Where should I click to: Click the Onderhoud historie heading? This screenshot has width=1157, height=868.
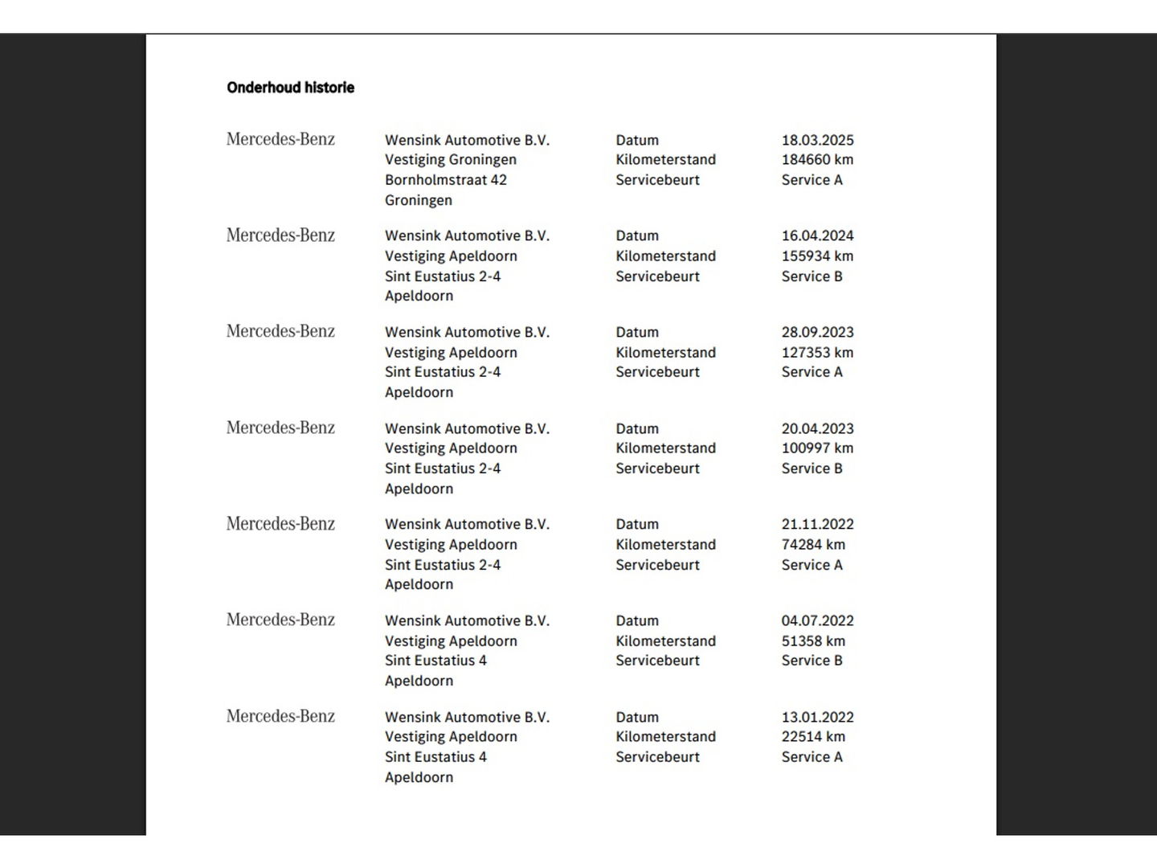pyautogui.click(x=290, y=88)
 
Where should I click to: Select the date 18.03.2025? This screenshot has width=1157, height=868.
pyautogui.click(x=817, y=140)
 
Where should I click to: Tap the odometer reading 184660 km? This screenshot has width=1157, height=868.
pyautogui.click(x=817, y=160)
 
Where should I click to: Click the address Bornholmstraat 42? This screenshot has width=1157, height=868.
pyautogui.click(x=445, y=180)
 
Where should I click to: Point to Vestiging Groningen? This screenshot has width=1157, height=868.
pyautogui.click(x=450, y=160)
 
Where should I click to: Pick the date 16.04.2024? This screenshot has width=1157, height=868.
pyautogui.click(x=817, y=235)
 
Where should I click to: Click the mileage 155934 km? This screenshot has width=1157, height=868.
pyautogui.click(x=817, y=256)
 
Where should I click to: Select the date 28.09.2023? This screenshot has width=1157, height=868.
pyautogui.click(x=817, y=332)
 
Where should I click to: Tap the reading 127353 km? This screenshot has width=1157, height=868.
pyautogui.click(x=817, y=352)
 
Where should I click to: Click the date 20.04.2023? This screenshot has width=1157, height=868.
pyautogui.click(x=817, y=428)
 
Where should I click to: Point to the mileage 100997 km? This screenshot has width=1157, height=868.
pyautogui.click(x=817, y=448)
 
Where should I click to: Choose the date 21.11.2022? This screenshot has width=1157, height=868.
pyautogui.click(x=817, y=524)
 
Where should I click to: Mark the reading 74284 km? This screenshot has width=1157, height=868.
pyautogui.click(x=813, y=544)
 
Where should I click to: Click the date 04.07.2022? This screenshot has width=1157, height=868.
pyautogui.click(x=817, y=620)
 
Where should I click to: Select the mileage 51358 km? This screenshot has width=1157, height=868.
pyautogui.click(x=813, y=641)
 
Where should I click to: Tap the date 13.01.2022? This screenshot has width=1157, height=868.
pyautogui.click(x=817, y=717)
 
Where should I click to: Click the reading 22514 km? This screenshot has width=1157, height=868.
pyautogui.click(x=813, y=737)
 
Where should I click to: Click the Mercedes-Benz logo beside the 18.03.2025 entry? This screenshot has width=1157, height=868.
pyautogui.click(x=280, y=139)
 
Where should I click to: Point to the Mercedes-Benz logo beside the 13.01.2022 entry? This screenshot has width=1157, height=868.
pyautogui.click(x=280, y=716)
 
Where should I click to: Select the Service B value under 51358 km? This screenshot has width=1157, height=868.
pyautogui.click(x=812, y=661)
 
